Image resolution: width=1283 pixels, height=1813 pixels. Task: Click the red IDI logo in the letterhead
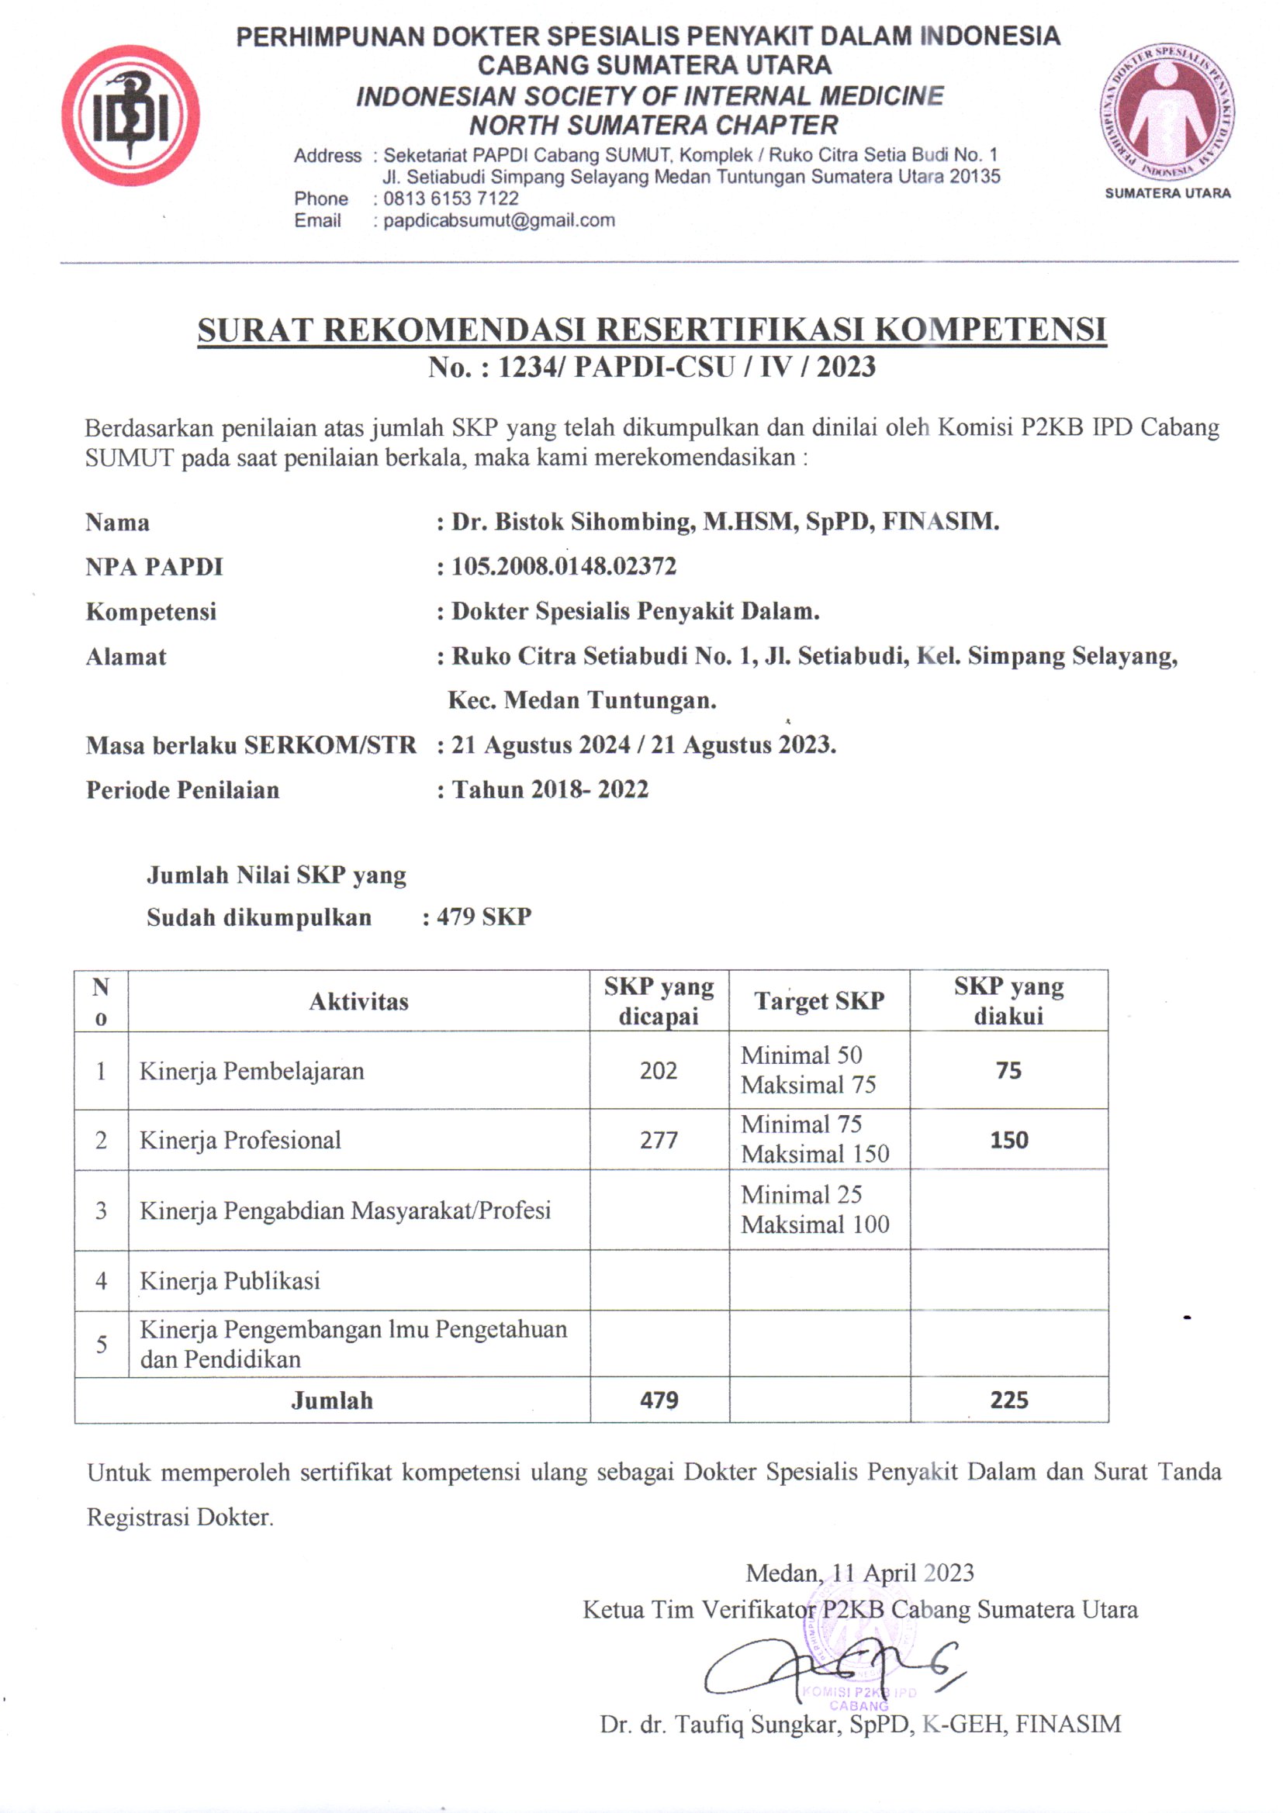click(x=130, y=116)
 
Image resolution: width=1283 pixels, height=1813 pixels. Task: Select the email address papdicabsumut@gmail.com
click(x=499, y=221)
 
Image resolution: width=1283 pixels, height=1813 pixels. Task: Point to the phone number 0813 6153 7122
click(x=451, y=199)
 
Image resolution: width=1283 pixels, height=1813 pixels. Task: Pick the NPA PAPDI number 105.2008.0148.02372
click(x=563, y=566)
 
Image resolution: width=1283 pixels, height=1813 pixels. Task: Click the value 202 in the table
click(x=658, y=1071)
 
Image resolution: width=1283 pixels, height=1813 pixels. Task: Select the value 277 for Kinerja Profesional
click(x=658, y=1140)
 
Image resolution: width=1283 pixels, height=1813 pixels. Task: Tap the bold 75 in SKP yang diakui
click(x=1008, y=1071)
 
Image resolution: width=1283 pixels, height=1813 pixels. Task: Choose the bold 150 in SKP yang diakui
click(x=1009, y=1140)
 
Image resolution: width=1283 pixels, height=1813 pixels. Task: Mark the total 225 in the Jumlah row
click(x=1009, y=1400)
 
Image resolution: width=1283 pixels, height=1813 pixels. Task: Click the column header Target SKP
click(x=818, y=1001)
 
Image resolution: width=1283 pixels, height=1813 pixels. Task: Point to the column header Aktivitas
click(x=358, y=1002)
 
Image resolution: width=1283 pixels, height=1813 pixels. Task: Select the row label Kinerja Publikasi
click(x=230, y=1281)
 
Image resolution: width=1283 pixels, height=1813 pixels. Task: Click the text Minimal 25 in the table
click(x=801, y=1195)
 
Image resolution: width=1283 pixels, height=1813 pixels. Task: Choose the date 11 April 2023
click(x=903, y=1573)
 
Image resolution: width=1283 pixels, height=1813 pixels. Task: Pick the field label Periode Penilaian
click(x=182, y=790)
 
